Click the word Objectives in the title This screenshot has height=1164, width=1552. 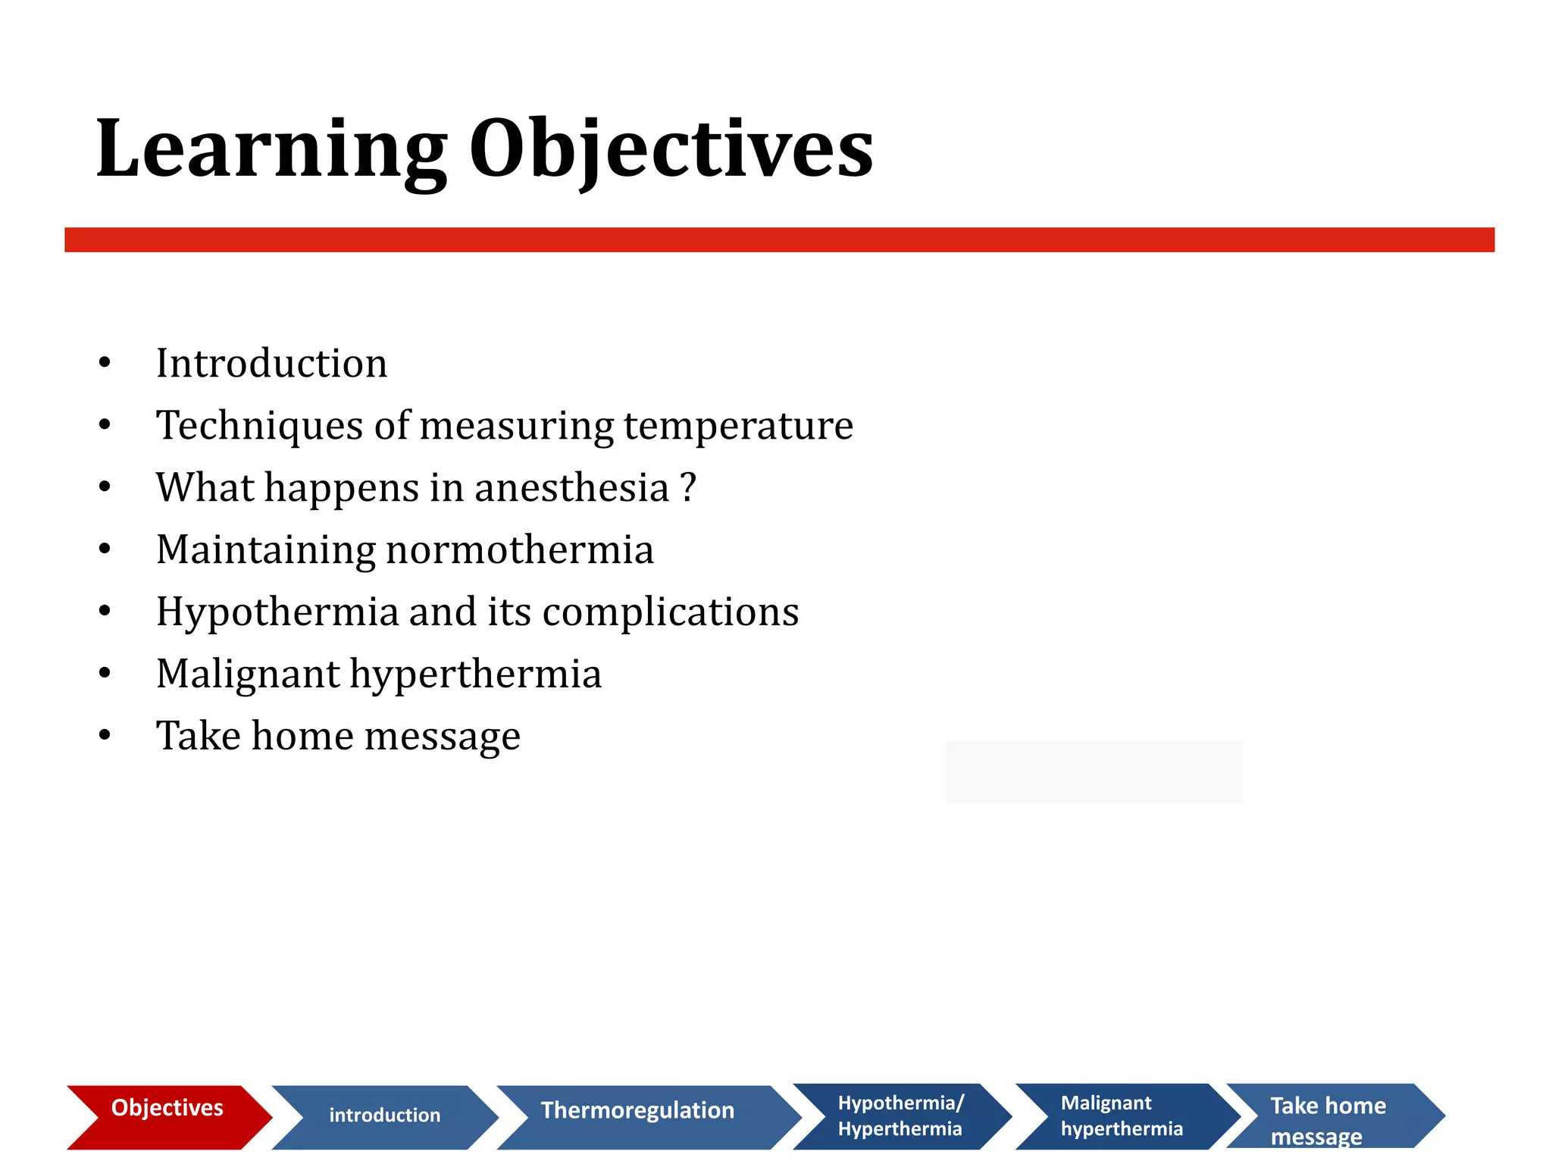(671, 150)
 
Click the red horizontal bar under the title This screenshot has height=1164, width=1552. (779, 239)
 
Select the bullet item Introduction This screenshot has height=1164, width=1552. (271, 363)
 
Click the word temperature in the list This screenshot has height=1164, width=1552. (738, 426)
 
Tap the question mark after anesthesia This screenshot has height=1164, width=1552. (687, 487)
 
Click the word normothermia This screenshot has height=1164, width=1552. (519, 549)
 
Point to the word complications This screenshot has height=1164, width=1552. (671, 612)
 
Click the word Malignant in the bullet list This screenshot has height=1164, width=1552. (248, 674)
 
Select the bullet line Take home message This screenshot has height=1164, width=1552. (338, 736)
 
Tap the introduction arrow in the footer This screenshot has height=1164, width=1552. (384, 1115)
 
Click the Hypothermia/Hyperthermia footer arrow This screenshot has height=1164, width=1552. (900, 1115)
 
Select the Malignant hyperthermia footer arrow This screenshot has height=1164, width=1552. (1121, 1115)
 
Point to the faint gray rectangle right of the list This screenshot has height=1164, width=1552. (1094, 771)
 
